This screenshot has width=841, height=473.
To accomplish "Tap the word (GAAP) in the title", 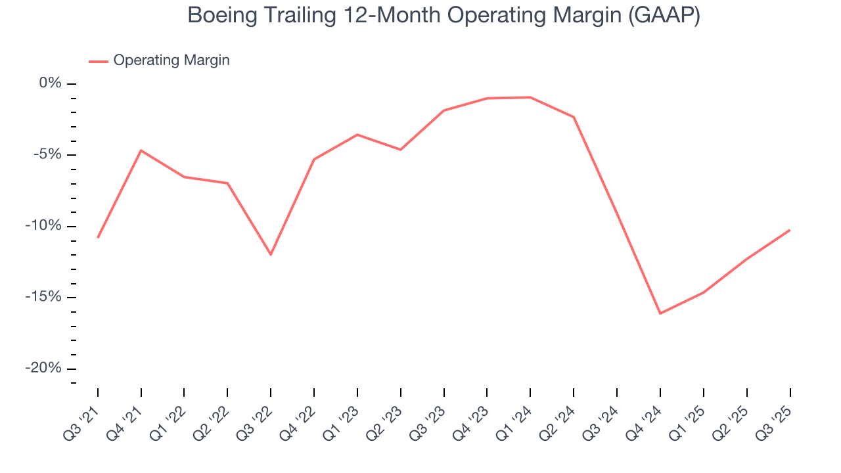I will click(664, 16).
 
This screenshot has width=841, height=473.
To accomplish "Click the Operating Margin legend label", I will click(171, 60).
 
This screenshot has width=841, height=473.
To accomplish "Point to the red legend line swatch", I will click(99, 61).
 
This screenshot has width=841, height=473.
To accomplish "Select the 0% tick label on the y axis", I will click(50, 83).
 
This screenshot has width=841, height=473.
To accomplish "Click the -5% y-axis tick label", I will click(47, 154).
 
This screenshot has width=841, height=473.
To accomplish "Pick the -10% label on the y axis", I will click(44, 226).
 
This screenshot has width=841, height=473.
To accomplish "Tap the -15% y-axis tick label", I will click(44, 297).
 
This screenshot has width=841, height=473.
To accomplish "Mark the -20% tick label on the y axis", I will click(44, 369).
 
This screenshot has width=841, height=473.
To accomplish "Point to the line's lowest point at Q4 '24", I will click(660, 313).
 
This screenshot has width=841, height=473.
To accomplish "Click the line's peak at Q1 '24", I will click(530, 97).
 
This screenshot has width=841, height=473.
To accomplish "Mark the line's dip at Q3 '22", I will click(271, 254).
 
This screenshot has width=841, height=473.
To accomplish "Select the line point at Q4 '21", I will click(141, 150).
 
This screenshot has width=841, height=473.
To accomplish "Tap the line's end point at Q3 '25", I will click(789, 230).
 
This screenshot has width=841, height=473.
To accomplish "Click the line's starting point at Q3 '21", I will click(98, 237).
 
